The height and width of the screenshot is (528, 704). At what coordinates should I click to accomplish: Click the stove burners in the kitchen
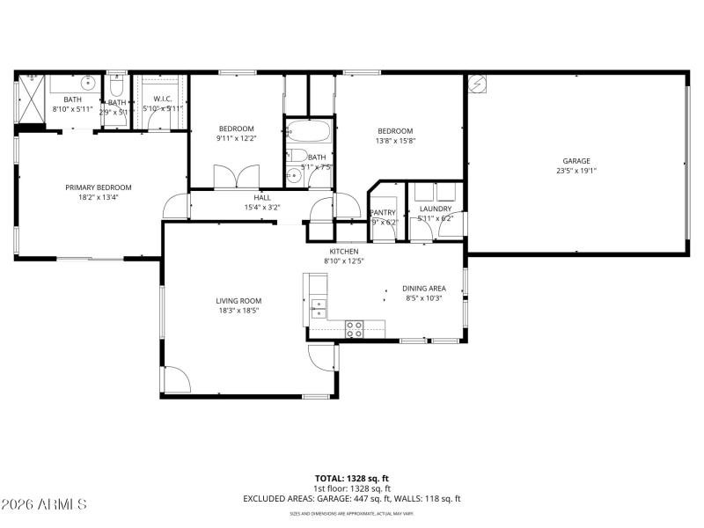coord(356,328)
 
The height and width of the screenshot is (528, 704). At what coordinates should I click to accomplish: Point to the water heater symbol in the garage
coord(477,84)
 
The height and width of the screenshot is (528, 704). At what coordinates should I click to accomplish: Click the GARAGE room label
coord(576,161)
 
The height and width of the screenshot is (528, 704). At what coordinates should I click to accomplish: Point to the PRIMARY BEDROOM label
coord(99,187)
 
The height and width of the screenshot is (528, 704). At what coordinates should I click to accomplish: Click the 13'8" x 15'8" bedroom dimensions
coord(395,141)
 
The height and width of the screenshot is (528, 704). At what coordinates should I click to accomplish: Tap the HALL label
coord(262,198)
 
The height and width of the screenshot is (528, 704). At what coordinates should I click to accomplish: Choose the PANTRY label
coord(384,212)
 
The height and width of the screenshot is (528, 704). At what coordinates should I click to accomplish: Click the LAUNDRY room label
coord(436,209)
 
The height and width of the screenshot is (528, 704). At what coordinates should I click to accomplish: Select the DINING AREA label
coord(424,288)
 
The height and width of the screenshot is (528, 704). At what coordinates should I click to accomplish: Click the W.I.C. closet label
coord(162,99)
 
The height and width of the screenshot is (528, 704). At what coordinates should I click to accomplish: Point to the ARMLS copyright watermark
coord(44,505)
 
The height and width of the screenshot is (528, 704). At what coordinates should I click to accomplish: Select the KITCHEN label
coord(343,251)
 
